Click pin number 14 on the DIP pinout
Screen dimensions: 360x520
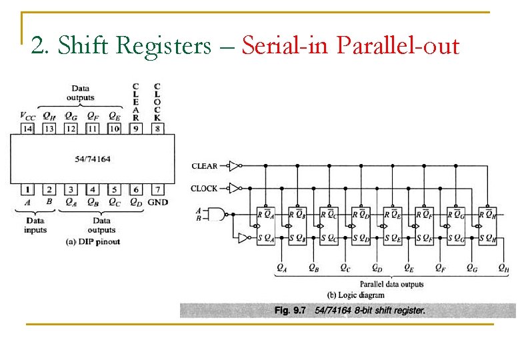coord(27,128)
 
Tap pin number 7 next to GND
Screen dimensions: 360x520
coord(158,190)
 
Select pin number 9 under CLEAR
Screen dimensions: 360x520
coord(136,128)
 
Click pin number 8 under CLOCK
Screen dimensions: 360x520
coord(158,128)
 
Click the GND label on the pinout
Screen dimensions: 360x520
coord(158,202)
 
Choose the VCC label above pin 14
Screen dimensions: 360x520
coord(27,116)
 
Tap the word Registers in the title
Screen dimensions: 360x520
coord(163,45)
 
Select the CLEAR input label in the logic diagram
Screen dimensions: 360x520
coord(205,166)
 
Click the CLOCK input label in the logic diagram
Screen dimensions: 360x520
coord(204,188)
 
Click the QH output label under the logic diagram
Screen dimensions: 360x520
coord(505,268)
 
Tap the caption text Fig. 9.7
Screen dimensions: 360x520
coord(291,310)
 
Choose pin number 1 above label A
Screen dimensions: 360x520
coord(27,190)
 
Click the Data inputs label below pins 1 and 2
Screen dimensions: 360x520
coord(35,225)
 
